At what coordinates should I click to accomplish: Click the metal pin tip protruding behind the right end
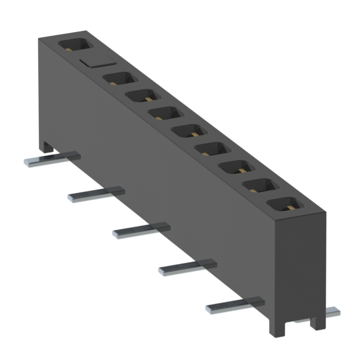coord(332,311)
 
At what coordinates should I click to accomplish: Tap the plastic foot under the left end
coord(47,147)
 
